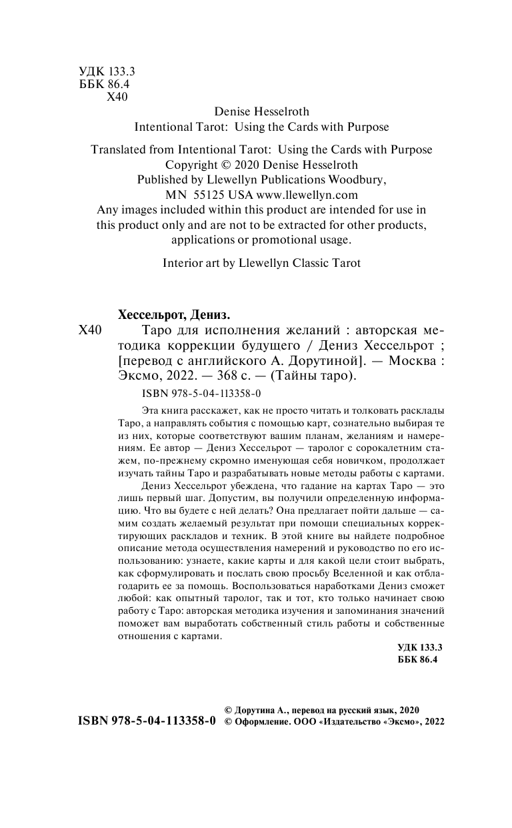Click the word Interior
point(183,263)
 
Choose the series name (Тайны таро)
point(304,376)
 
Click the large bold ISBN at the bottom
point(147,722)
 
